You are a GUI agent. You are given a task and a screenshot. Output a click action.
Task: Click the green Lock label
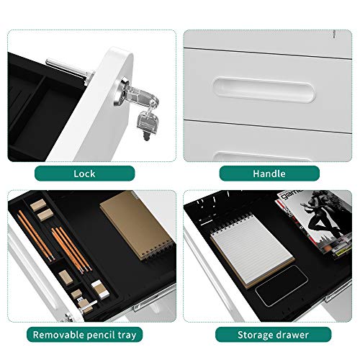[x=84, y=174]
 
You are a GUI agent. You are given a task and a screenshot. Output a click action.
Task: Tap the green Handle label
[x=269, y=174]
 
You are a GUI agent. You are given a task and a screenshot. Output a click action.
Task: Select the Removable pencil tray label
[x=84, y=335]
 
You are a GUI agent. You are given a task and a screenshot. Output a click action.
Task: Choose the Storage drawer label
[x=273, y=335]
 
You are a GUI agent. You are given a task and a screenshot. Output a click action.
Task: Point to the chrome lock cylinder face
[x=121, y=92]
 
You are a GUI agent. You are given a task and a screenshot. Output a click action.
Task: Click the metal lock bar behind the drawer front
[x=69, y=69]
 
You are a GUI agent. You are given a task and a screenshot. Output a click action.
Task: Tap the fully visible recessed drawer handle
[x=264, y=89]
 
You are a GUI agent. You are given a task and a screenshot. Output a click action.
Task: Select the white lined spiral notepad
[x=253, y=250]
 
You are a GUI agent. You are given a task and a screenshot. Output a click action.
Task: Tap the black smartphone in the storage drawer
[x=282, y=286]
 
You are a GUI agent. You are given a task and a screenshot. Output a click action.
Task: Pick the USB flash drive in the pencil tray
[x=86, y=305]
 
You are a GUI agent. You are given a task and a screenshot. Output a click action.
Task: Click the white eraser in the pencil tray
[x=100, y=289]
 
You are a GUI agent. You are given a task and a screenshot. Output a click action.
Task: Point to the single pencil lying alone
[x=35, y=236]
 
